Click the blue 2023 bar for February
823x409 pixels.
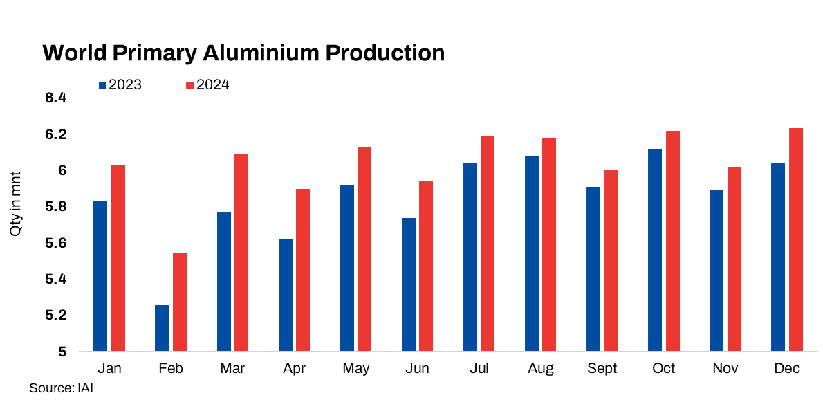tap(161, 327)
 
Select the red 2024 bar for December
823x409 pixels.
tap(796, 239)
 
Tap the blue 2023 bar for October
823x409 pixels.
tap(654, 250)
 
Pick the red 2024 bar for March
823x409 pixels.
tap(241, 253)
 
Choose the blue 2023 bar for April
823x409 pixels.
tap(285, 296)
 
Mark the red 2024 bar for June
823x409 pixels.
tap(426, 266)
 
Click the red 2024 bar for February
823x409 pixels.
tap(180, 302)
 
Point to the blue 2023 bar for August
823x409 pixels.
tap(531, 253)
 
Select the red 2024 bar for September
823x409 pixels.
tap(611, 260)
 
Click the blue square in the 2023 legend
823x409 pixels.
tap(102, 85)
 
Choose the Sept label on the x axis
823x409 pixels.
tap(602, 369)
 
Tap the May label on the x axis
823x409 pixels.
tap(355, 369)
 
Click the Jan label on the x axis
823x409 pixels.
tap(109, 369)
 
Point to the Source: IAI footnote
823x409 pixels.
tap(61, 388)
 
